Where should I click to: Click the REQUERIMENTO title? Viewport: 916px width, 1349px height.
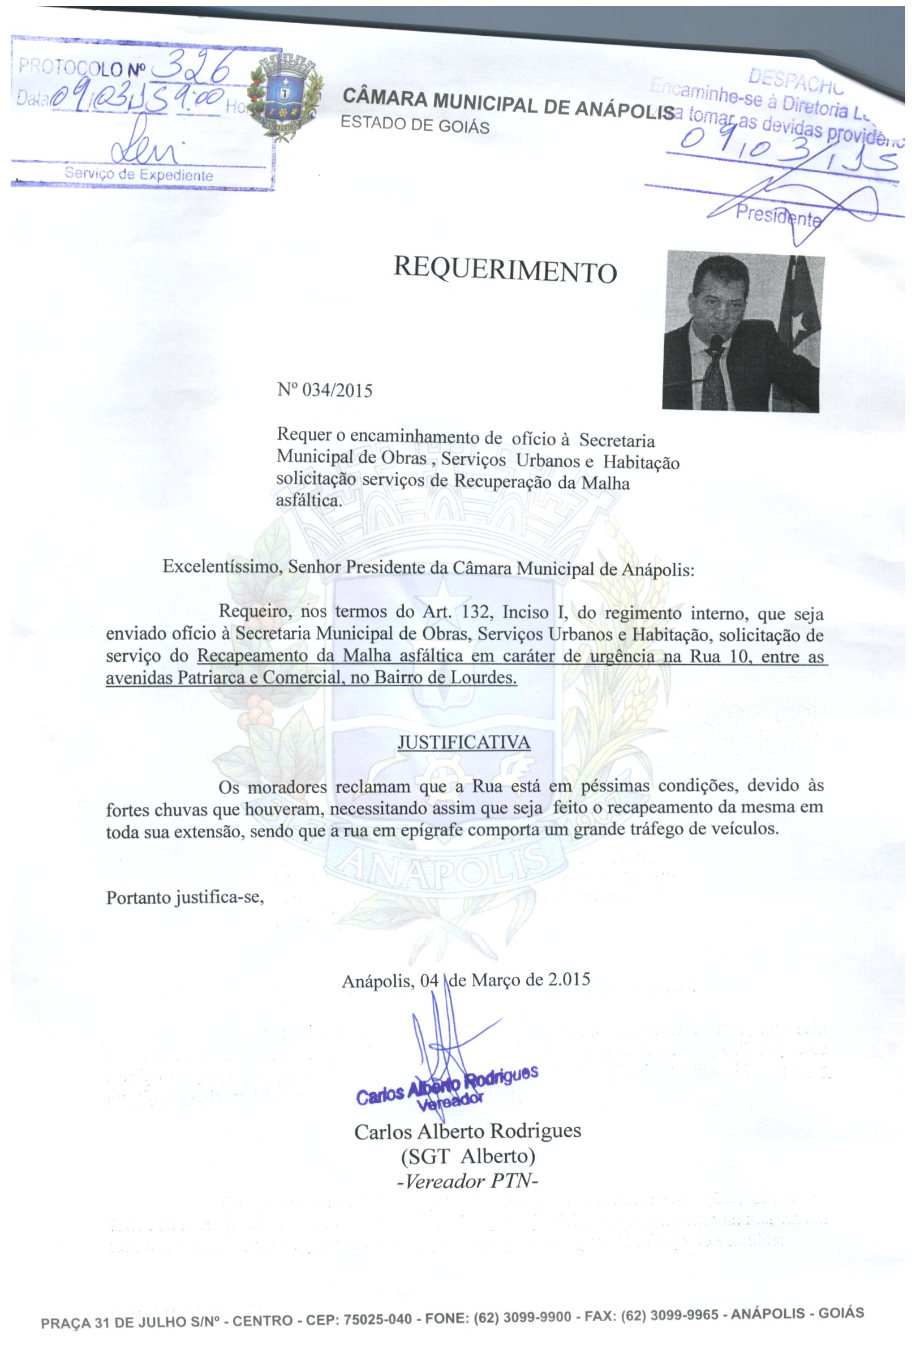tap(504, 269)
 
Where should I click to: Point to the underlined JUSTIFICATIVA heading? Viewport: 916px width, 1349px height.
tap(463, 742)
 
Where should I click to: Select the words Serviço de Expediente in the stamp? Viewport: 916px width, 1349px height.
tap(139, 174)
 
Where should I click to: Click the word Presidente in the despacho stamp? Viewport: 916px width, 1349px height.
tap(778, 217)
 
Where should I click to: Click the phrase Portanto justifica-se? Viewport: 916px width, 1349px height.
tap(185, 898)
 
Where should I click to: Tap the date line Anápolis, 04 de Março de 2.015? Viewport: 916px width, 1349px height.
tap(466, 980)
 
